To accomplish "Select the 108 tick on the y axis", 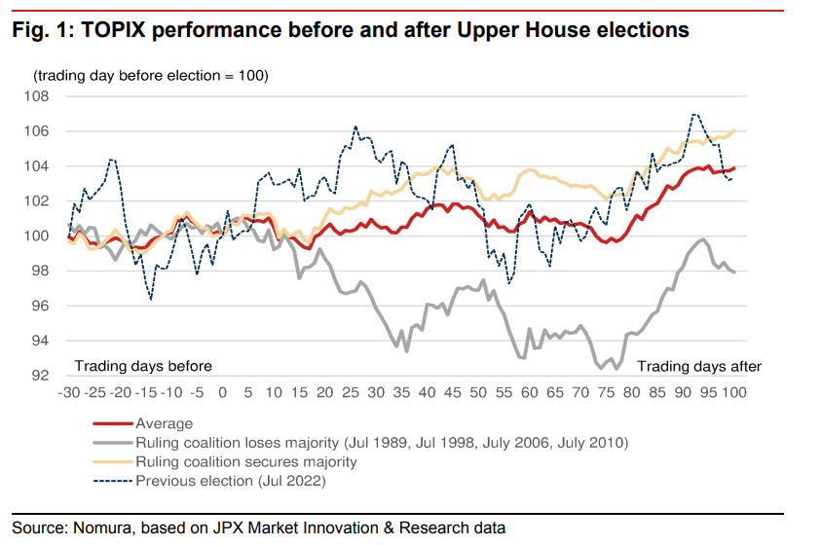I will coord(46,96).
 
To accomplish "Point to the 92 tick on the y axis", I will coord(50,376).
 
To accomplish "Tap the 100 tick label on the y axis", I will coord(46,236).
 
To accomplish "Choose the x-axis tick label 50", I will coord(477,393).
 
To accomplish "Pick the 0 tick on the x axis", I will coord(222,393).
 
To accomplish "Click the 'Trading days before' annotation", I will coord(143,366).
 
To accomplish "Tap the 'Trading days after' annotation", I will coord(699,366).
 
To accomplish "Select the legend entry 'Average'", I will coord(165,423).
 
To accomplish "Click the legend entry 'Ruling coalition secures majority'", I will coord(246,461).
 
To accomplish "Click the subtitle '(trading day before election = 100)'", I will coord(150,75).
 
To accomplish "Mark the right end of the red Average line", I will coord(733,168).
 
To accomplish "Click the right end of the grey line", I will coord(733,272).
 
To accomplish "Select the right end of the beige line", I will coord(733,130).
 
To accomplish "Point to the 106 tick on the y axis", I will coord(46,131).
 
